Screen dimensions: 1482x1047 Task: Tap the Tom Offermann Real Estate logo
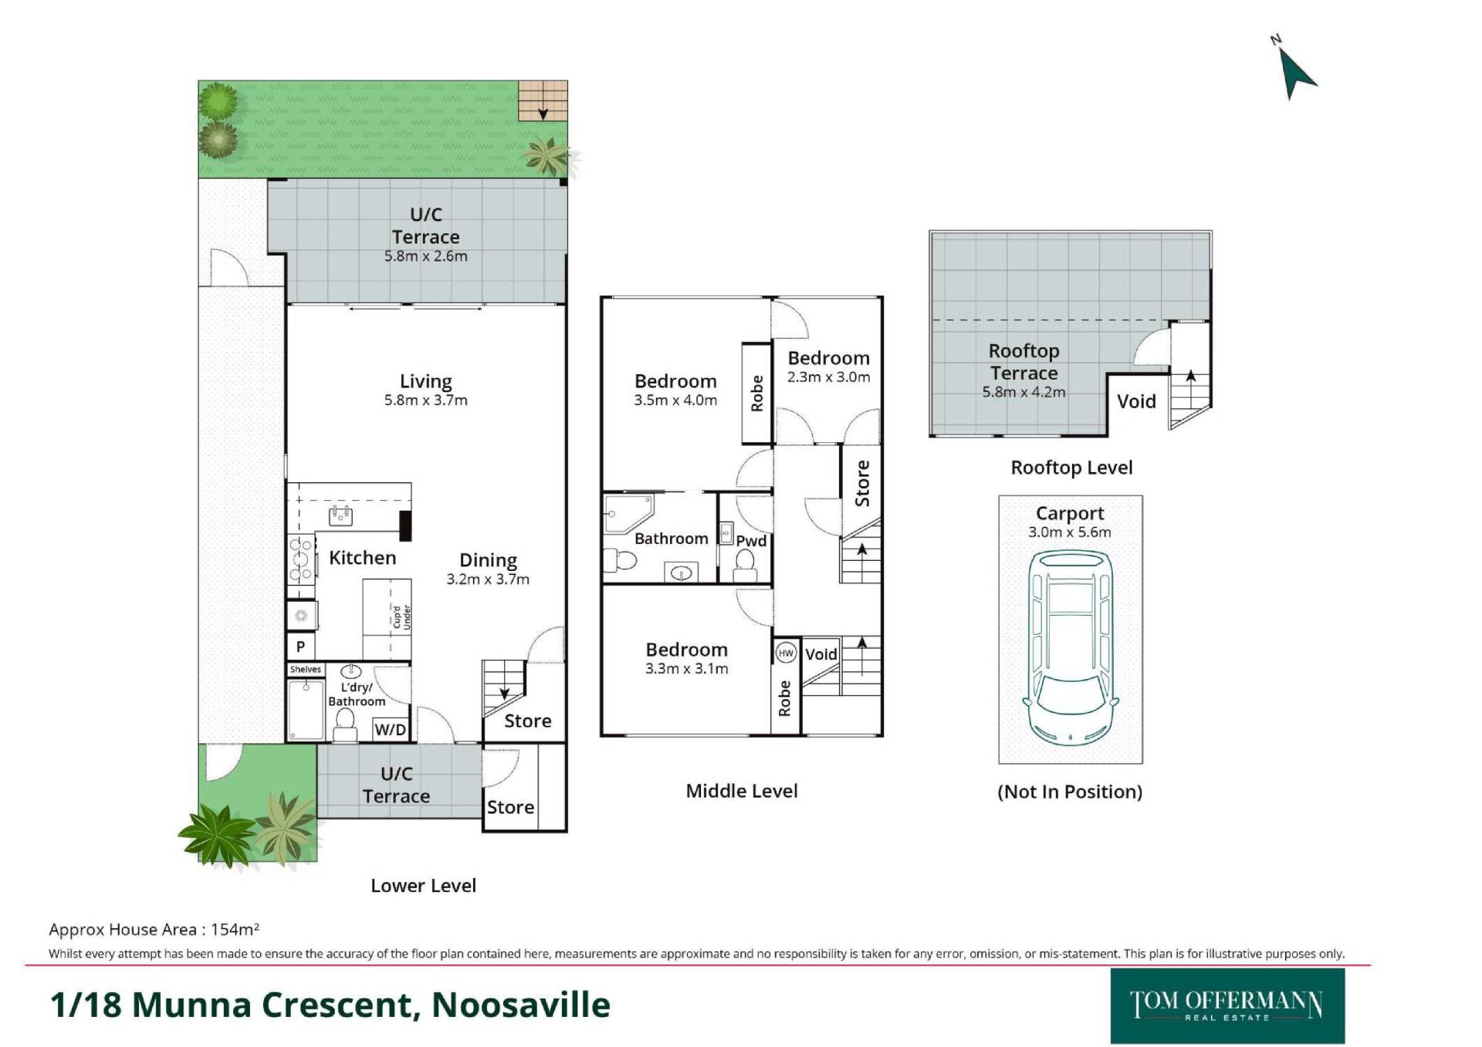[1227, 1006]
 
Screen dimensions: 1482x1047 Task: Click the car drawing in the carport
[1071, 647]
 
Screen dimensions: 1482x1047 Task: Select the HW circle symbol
[786, 654]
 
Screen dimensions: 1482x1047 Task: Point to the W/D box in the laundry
[390, 729]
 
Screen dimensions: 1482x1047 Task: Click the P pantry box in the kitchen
[301, 647]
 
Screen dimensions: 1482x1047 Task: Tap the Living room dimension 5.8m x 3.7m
[426, 400]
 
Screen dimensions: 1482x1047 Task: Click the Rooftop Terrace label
[1024, 362]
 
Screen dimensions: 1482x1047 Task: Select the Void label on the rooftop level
[1136, 401]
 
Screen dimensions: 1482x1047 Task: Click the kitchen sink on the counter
[340, 515]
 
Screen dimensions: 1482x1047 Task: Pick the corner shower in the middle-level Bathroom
[628, 514]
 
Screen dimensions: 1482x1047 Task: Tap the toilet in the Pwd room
[745, 566]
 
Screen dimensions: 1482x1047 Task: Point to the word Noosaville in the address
[521, 1005]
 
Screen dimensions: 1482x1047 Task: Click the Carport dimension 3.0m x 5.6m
[1070, 532]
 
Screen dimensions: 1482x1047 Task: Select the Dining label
[489, 561]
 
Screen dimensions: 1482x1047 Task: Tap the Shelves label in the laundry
[306, 670]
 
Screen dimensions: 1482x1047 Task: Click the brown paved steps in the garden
[543, 100]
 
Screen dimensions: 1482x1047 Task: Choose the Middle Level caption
[742, 791]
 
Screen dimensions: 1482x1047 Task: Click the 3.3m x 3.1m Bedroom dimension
[687, 669]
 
